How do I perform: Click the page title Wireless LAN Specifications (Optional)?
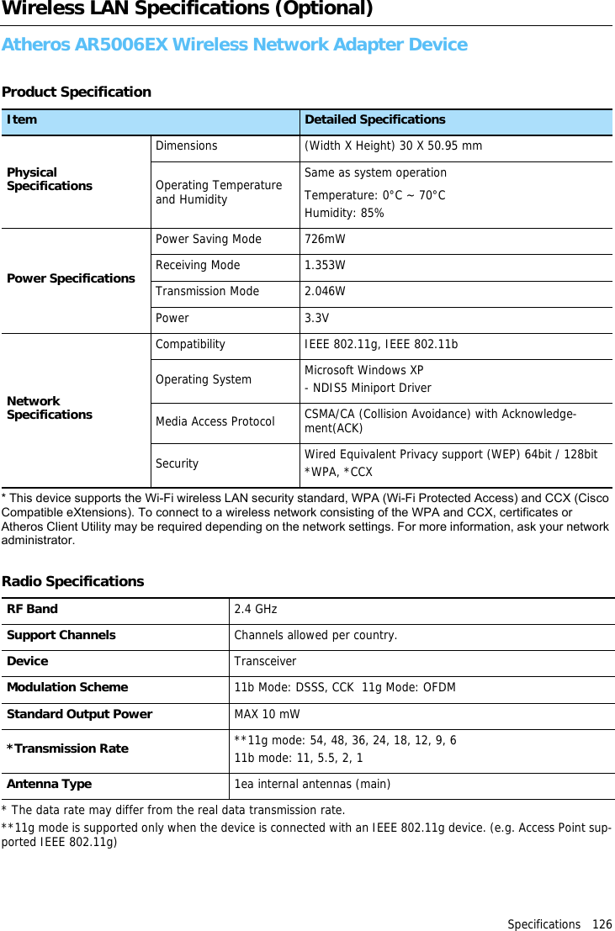click(x=187, y=9)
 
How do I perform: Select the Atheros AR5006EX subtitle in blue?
click(x=235, y=45)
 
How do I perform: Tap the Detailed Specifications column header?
click(x=374, y=120)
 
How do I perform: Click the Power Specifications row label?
click(x=71, y=278)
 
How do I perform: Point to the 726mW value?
click(x=325, y=240)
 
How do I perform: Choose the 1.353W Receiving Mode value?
click(x=325, y=266)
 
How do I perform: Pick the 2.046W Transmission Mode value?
click(x=325, y=292)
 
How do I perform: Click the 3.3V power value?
click(x=316, y=319)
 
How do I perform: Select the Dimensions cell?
click(x=186, y=146)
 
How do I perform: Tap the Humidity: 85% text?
click(x=344, y=214)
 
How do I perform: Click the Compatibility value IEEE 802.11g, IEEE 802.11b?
click(x=381, y=345)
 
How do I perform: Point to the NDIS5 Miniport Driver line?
click(x=368, y=389)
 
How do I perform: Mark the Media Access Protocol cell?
click(x=215, y=421)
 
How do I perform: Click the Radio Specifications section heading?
click(x=72, y=582)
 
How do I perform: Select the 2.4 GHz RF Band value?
click(x=255, y=610)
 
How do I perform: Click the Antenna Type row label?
click(x=49, y=784)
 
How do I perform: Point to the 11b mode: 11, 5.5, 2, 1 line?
click(x=299, y=758)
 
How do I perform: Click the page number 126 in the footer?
click(x=601, y=924)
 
